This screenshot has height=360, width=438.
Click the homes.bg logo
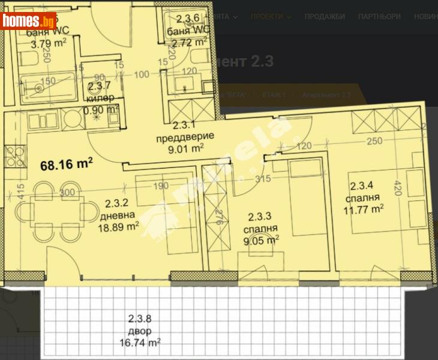pyautogui.click(x=29, y=21)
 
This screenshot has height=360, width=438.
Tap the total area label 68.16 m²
pyautogui.click(x=66, y=164)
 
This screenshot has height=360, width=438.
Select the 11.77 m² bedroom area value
pyautogui.click(x=364, y=209)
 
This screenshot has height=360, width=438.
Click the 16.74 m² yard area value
pyautogui.click(x=139, y=343)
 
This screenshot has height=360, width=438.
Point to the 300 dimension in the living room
pyautogui.click(x=68, y=193)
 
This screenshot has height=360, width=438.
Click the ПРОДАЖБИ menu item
pyautogui.click(x=324, y=17)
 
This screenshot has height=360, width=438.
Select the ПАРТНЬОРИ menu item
pyautogui.click(x=379, y=17)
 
